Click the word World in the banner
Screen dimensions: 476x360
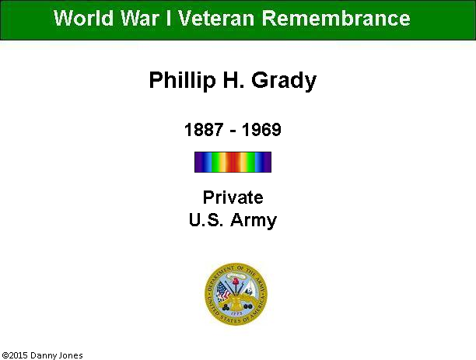click(x=83, y=18)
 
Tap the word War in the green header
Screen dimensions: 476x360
click(x=140, y=18)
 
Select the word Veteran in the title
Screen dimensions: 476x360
click(x=216, y=18)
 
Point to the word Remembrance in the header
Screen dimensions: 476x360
click(x=336, y=18)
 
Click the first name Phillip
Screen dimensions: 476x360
click(x=182, y=80)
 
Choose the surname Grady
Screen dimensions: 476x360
click(x=284, y=81)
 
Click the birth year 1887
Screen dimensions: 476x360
click(x=204, y=130)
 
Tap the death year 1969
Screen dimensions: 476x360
click(x=261, y=130)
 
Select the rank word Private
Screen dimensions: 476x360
click(x=233, y=197)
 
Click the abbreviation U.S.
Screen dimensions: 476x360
click(x=206, y=219)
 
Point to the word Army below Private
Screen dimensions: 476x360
click(x=254, y=220)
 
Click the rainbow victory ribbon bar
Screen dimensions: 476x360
click(x=233, y=162)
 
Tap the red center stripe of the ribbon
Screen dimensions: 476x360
click(x=233, y=162)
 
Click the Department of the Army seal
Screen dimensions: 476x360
click(x=236, y=294)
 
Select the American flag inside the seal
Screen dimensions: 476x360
click(x=223, y=291)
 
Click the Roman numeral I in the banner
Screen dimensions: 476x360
click(x=169, y=18)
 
